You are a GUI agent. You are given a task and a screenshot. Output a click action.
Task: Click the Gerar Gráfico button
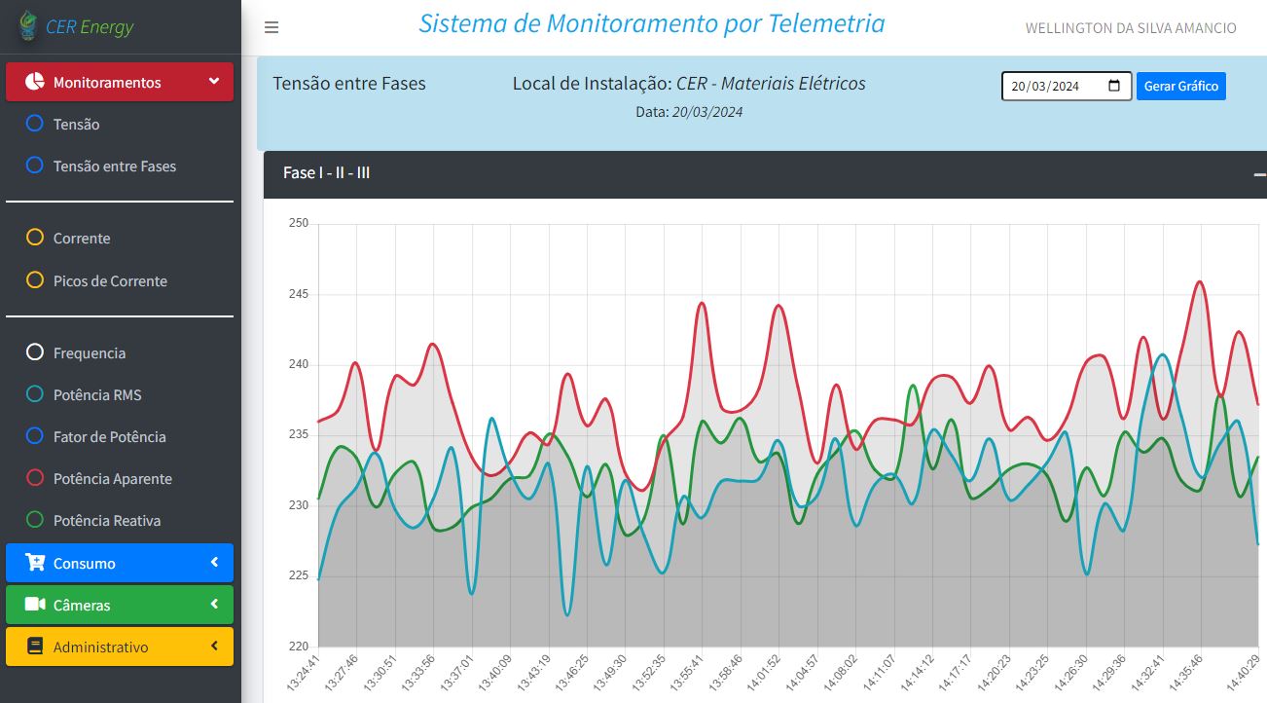click(x=1180, y=87)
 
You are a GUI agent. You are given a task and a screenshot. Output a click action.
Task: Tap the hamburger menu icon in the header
click(x=271, y=27)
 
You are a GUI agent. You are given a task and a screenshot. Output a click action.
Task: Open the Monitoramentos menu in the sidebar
click(x=120, y=82)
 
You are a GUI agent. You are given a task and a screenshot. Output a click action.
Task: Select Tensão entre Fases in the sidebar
click(x=114, y=166)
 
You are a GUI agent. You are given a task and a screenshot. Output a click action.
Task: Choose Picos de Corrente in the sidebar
click(x=110, y=281)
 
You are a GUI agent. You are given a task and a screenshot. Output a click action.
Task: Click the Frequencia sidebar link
click(x=89, y=353)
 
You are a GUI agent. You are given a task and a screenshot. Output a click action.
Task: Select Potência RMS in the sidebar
click(x=96, y=395)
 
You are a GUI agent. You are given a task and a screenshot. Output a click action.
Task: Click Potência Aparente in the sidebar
click(x=112, y=479)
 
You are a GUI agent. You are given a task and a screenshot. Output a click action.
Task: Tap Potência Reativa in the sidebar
click(x=106, y=521)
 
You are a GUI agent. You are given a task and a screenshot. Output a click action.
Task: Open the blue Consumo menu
click(x=120, y=563)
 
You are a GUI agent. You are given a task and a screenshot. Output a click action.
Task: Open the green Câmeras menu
click(x=120, y=605)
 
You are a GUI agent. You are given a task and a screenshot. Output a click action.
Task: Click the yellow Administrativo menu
click(x=120, y=647)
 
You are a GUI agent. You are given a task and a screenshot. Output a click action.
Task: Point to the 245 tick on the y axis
click(x=299, y=294)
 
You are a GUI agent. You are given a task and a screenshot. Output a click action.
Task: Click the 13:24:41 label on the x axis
click(x=309, y=673)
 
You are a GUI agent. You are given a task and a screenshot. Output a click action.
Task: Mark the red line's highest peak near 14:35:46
click(x=1200, y=282)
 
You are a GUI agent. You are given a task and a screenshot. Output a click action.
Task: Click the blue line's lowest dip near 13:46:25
click(x=567, y=614)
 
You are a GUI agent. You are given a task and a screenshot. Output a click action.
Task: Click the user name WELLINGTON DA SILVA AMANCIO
click(x=1130, y=28)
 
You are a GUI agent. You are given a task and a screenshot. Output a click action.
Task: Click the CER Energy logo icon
click(x=28, y=26)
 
